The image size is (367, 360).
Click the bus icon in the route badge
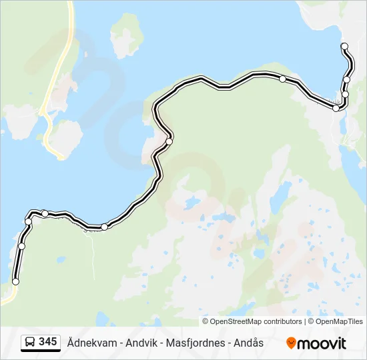pyautogui.click(x=30, y=343)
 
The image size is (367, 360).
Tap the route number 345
pyautogui.click(x=47, y=342)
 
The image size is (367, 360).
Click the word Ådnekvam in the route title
pyautogui.click(x=91, y=343)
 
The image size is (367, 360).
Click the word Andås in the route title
pyautogui.click(x=250, y=343)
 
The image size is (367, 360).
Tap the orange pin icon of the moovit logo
pyautogui.click(x=291, y=343)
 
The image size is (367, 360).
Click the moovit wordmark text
pyautogui.click(x=322, y=343)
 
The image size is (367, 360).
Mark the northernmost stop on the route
pyautogui.click(x=344, y=46)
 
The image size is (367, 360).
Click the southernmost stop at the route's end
pyautogui.click(x=16, y=282)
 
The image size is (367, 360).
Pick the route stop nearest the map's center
pyautogui.click(x=169, y=141)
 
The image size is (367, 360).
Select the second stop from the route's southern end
pyautogui.click(x=21, y=246)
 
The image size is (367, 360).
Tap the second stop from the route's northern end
pyautogui.click(x=347, y=80)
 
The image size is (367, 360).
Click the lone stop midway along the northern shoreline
pyautogui.click(x=283, y=79)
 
